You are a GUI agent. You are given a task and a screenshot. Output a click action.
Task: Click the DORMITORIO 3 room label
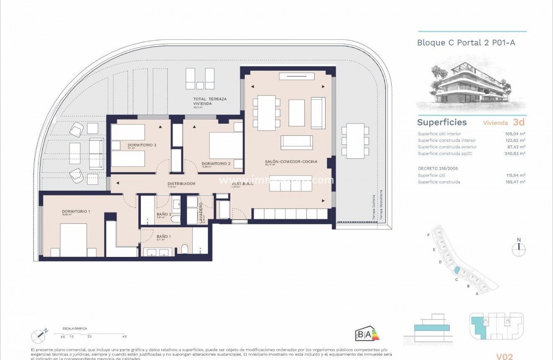(x=142, y=145)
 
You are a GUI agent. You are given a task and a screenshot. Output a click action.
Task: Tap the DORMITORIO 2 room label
(x=216, y=163)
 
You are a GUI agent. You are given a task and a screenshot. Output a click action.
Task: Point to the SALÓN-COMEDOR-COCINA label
(x=291, y=161)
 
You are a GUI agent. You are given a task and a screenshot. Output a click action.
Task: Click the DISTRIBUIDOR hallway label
(x=181, y=184)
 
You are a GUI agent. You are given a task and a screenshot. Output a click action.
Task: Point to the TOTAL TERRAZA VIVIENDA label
(x=204, y=101)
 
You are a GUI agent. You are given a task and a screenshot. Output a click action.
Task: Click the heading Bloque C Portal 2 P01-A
(x=466, y=42)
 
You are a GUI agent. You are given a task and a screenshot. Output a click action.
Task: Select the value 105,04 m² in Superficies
(x=515, y=134)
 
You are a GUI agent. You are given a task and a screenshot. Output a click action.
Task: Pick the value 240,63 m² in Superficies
(x=515, y=154)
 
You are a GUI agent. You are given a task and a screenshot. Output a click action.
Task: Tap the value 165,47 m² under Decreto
(x=515, y=182)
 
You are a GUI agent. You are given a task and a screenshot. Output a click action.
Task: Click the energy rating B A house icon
(x=367, y=334)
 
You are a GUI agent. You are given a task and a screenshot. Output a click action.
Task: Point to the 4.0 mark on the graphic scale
(x=124, y=337)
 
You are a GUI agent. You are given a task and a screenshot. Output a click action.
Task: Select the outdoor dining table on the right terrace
(x=355, y=141)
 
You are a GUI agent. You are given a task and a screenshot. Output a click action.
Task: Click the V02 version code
(x=504, y=356)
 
